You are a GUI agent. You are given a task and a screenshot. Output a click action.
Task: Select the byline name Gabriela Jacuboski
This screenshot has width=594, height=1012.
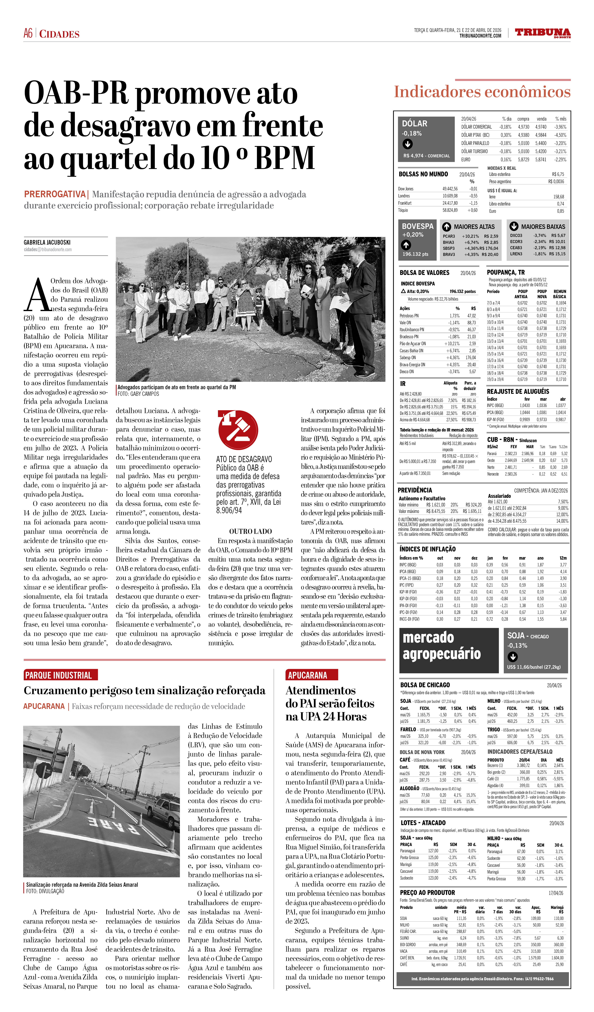click(47, 243)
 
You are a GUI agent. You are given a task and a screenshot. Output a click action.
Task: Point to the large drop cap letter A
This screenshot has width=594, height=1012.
click(37, 295)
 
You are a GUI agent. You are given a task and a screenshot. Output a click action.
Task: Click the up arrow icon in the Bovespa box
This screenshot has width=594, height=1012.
click(406, 245)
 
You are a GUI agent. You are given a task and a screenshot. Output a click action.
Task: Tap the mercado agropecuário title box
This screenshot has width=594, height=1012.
click(449, 651)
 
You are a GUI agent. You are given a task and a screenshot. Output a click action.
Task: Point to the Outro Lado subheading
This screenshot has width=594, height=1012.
click(250, 531)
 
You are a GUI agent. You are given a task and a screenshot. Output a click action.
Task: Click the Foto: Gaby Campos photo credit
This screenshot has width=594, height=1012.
click(138, 394)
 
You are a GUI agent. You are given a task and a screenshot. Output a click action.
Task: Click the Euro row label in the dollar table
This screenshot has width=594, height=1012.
click(466, 159)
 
